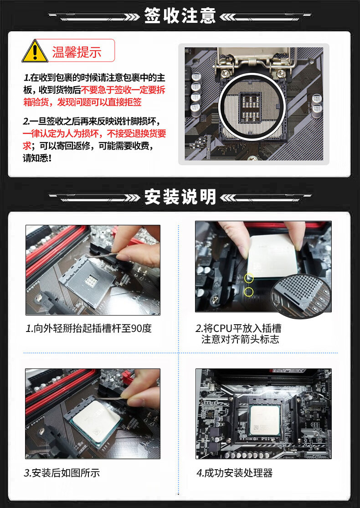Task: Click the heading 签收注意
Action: click(x=180, y=16)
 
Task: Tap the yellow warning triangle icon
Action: click(x=35, y=51)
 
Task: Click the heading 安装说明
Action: click(x=180, y=197)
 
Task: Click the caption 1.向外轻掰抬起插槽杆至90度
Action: click(x=89, y=328)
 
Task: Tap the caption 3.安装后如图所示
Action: click(x=62, y=473)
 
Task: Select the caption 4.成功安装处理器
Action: click(x=234, y=473)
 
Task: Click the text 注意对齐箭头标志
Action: click(x=240, y=340)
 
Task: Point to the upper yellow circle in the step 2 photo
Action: click(x=249, y=278)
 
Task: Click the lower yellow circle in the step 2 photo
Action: click(x=249, y=292)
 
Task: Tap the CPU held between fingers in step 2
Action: click(x=272, y=256)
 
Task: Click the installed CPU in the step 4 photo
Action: click(x=265, y=420)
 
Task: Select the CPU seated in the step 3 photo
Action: click(x=96, y=420)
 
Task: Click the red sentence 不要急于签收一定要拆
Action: click(x=123, y=90)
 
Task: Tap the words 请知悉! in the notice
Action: click(x=37, y=159)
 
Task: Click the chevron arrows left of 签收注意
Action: click(x=133, y=16)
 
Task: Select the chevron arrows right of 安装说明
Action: click(x=228, y=197)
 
